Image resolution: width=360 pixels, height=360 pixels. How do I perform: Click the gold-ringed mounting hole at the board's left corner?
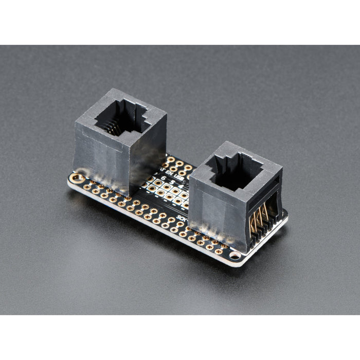tap(78, 178)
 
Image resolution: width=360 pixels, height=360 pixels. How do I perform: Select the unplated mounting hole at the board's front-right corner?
tap(235, 255)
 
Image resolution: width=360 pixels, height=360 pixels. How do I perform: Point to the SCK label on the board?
tap(181, 217)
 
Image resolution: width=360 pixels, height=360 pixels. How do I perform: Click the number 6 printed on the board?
tap(164, 178)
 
